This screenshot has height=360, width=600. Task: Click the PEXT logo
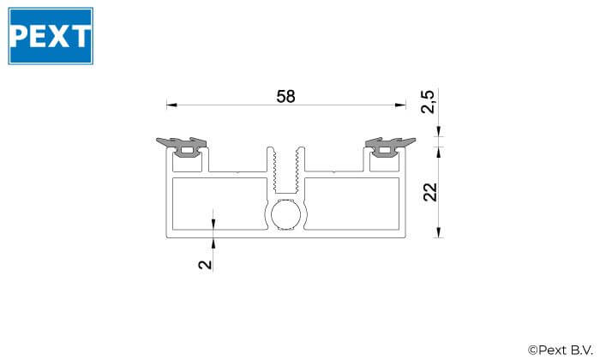51,36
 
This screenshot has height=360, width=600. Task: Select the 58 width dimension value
285,96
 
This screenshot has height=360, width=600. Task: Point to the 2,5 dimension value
428,102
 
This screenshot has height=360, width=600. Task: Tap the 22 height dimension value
430,192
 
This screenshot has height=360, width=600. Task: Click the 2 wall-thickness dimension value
205,264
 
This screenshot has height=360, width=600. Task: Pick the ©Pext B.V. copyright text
561,350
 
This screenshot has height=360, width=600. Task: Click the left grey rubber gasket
183,146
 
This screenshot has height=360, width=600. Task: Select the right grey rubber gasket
389,146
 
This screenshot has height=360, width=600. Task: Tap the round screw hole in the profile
285,214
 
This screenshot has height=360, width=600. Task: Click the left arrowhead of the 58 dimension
171,105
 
